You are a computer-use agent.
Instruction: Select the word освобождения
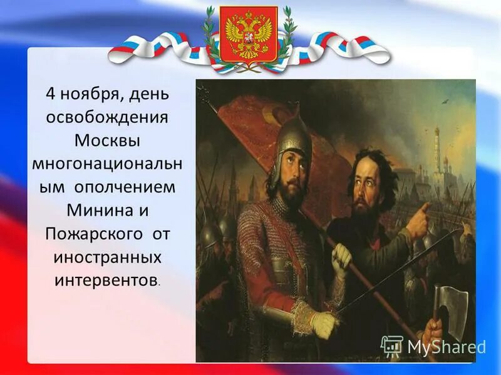click(x=108, y=117)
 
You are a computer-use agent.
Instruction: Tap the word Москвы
click(x=108, y=139)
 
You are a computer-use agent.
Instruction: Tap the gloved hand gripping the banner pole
click(x=342, y=257)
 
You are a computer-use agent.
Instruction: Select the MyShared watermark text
click(x=446, y=347)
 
